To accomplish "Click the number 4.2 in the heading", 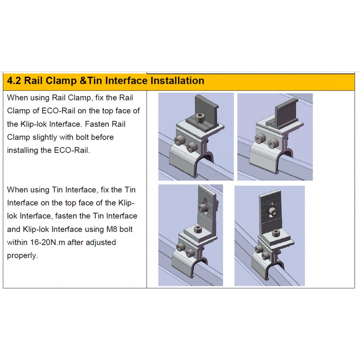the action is (x=14, y=80).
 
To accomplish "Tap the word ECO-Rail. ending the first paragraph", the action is (x=72, y=150).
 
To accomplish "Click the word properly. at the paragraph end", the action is (x=22, y=256).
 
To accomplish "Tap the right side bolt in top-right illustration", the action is (x=273, y=144).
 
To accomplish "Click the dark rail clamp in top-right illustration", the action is (x=283, y=114).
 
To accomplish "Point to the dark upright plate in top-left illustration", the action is (x=206, y=108).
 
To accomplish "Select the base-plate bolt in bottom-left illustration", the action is (x=198, y=228).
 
